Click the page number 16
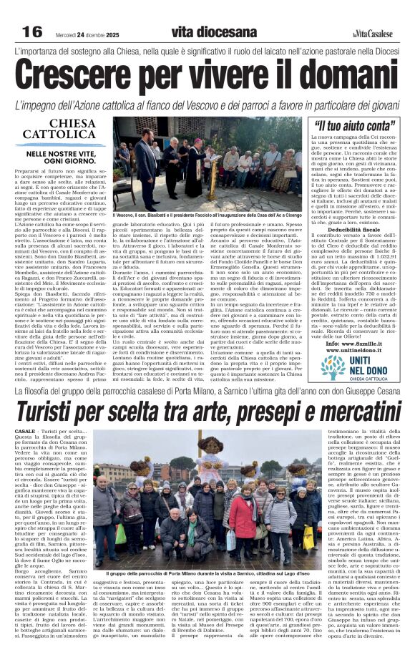pyautogui.click(x=32, y=31)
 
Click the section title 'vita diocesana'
pyautogui.click(x=214, y=32)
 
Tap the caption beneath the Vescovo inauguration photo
pyautogui.click(x=207, y=215)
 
